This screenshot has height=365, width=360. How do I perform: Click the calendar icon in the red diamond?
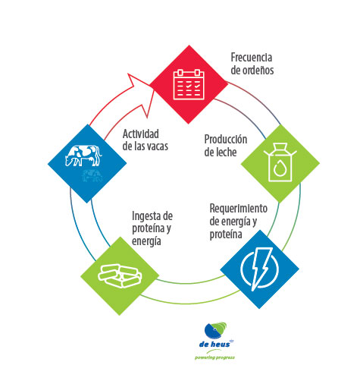189,84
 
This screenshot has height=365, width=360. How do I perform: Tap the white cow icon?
83,156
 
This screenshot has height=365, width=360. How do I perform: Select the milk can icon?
280,162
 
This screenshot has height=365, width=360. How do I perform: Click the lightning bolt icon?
260,269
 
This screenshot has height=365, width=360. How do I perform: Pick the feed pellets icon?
120,276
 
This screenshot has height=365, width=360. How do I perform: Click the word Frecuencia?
252,58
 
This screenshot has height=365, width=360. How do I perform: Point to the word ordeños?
258,70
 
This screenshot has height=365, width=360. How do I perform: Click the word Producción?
226,140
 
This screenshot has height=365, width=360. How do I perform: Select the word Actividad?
141,134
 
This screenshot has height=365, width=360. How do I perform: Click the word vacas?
158,146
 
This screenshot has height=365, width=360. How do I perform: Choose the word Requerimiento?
239,209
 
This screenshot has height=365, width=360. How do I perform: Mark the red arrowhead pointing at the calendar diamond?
141,93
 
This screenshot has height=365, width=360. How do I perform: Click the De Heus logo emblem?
215,331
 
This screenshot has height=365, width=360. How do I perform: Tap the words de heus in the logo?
214,345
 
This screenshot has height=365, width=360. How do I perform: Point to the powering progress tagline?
214,357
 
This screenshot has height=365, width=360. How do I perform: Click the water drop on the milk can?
279,168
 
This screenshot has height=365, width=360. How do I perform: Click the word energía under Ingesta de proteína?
146,241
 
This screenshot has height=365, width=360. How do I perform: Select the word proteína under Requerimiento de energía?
226,234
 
